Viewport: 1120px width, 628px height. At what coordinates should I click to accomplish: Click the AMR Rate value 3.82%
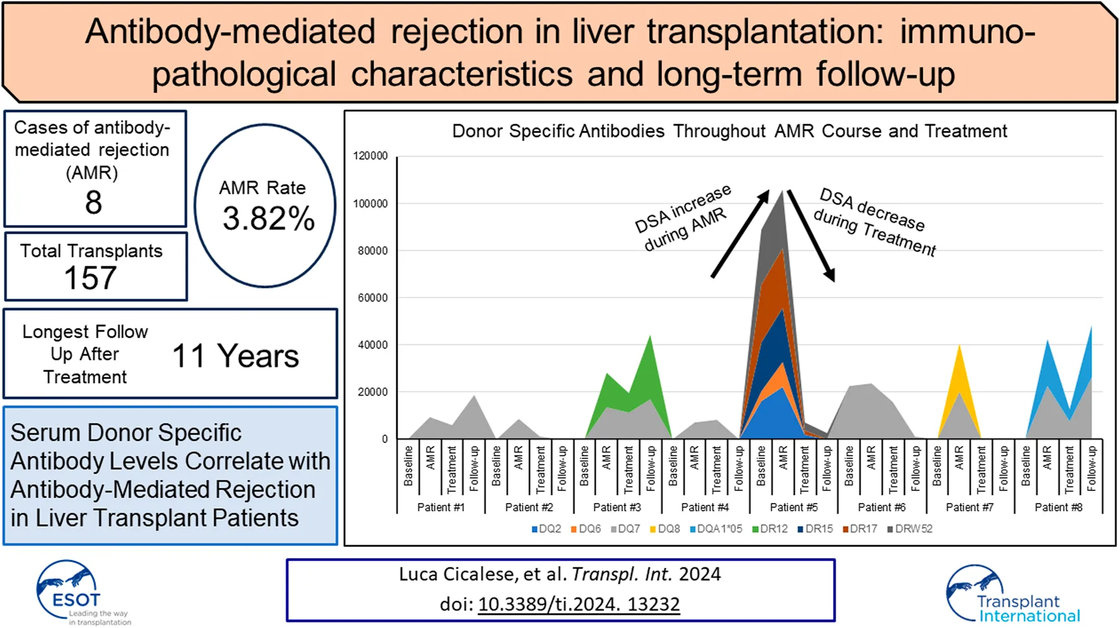point(268,219)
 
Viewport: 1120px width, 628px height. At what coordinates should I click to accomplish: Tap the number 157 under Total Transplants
point(90,278)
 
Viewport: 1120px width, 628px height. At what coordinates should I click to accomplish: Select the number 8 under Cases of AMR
point(94,202)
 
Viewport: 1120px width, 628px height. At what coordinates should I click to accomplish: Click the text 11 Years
point(235,356)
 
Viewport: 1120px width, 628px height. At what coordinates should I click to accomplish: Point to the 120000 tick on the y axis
point(370,156)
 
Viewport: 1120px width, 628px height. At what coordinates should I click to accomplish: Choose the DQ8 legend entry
point(665,529)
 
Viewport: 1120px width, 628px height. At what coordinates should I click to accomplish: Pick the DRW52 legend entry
point(910,529)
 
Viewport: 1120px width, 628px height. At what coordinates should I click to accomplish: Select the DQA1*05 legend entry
point(716,529)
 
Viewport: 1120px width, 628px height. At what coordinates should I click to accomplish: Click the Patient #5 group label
point(793,507)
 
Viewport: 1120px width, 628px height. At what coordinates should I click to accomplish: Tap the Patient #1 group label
point(441,507)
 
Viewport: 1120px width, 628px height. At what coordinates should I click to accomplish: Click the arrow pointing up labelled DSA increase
point(740,233)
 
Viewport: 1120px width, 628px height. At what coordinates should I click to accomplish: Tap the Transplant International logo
point(1011,594)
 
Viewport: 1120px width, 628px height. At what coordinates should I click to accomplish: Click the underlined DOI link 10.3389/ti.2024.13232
point(578,605)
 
